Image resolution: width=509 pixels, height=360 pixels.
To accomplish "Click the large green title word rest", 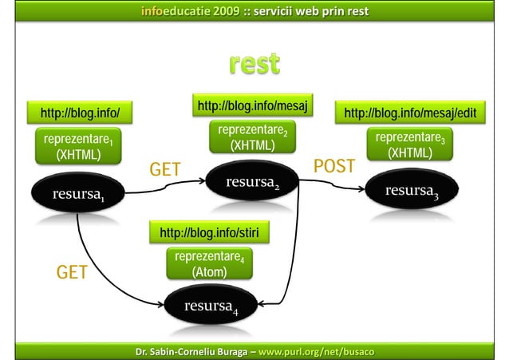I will [x=254, y=63].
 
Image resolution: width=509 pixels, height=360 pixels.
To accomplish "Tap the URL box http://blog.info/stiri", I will [x=209, y=233].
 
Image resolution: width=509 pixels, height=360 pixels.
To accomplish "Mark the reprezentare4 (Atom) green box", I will [x=209, y=264].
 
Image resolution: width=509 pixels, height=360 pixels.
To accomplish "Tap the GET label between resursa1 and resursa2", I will [x=166, y=169].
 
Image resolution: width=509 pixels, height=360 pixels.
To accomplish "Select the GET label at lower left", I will [x=72, y=274].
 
